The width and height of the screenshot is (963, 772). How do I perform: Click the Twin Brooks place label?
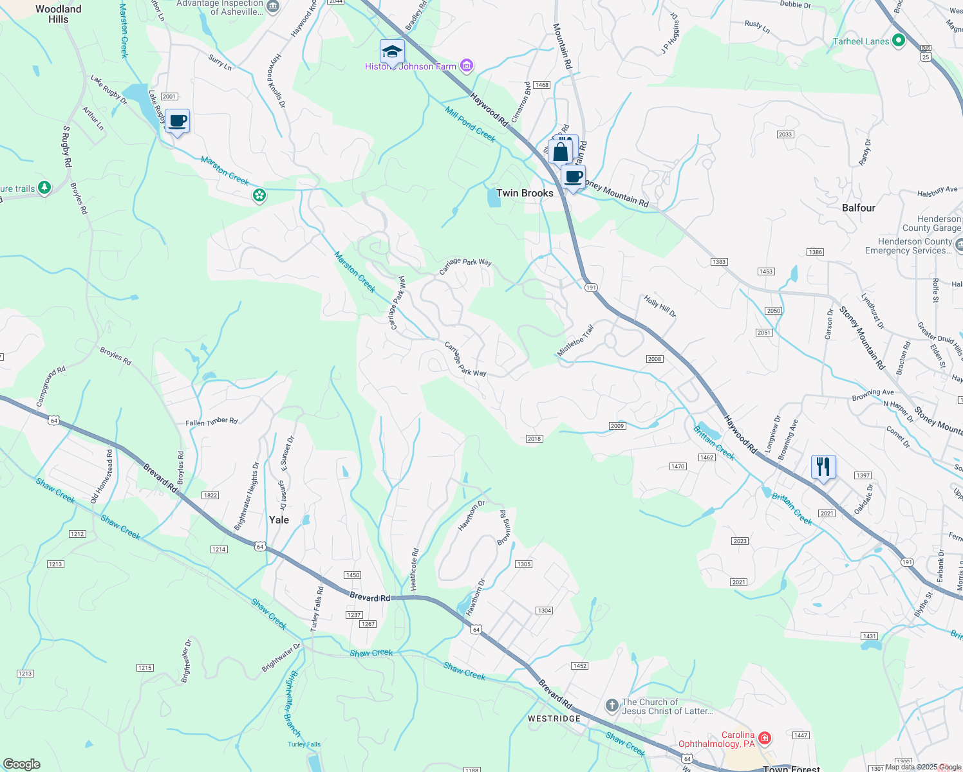coord(525,193)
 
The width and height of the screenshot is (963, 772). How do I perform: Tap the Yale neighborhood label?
coord(279,520)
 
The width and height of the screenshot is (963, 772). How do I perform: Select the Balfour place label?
coord(858,208)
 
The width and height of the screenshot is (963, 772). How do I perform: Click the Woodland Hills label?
coord(58,14)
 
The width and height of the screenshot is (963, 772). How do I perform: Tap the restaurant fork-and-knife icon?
coord(823,466)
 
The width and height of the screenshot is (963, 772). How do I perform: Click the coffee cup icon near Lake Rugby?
coord(177,121)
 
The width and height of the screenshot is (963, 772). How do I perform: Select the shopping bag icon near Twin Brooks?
coord(560,152)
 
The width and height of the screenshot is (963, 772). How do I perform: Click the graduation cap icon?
coord(391,51)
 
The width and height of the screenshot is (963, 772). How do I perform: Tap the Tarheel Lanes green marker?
coord(898,41)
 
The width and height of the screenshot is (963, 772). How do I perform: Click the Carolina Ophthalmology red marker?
coord(764,737)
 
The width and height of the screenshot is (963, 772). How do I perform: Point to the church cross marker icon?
coord(612,706)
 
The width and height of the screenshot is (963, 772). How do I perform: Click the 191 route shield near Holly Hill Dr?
coord(591,288)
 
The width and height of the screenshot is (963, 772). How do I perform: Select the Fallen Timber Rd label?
coord(212,421)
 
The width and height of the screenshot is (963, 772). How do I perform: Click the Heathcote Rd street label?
coord(415,569)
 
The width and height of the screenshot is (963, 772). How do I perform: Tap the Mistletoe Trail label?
coord(575,340)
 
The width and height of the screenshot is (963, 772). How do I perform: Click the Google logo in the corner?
coord(21,764)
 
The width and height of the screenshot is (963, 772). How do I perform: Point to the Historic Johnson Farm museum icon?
coord(467,66)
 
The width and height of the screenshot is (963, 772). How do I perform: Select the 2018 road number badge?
coord(534,439)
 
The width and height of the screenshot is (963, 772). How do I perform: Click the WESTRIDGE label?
coord(554,718)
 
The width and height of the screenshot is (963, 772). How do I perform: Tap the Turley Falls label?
coord(304,744)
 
